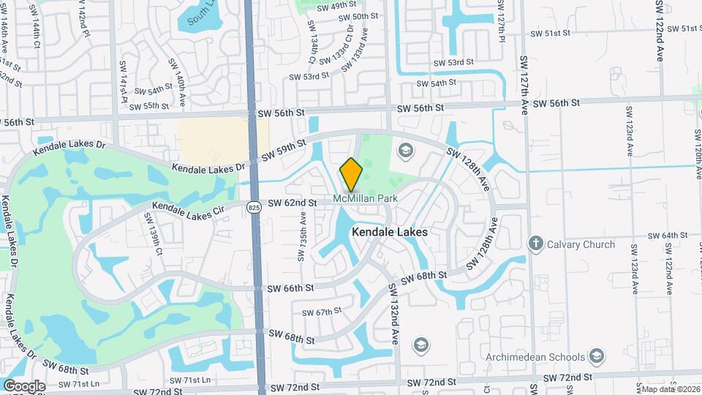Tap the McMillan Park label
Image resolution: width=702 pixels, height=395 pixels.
(x=364, y=198)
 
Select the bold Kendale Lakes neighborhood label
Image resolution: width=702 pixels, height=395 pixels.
(x=390, y=231)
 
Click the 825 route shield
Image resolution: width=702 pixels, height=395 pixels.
(x=254, y=208)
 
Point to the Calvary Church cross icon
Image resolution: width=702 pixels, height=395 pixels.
(x=536, y=244)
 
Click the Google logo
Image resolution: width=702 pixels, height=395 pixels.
(x=24, y=385)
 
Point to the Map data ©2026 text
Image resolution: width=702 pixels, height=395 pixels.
(x=670, y=389)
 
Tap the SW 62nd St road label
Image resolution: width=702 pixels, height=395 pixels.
(x=292, y=203)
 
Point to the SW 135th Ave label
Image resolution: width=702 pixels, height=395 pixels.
(x=301, y=238)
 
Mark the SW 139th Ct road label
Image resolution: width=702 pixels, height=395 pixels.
(x=153, y=233)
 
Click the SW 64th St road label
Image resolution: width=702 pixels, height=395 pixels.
(x=669, y=236)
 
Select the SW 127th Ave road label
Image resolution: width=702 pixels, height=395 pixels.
(x=524, y=84)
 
